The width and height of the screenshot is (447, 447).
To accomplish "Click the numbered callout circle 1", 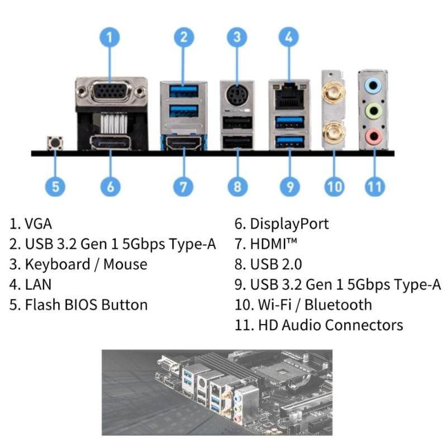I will click(x=110, y=37).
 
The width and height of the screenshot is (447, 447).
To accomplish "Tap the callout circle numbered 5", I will click(x=55, y=186).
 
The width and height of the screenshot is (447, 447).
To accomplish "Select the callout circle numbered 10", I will click(x=334, y=186).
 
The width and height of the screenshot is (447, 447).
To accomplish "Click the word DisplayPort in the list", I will click(x=289, y=224).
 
